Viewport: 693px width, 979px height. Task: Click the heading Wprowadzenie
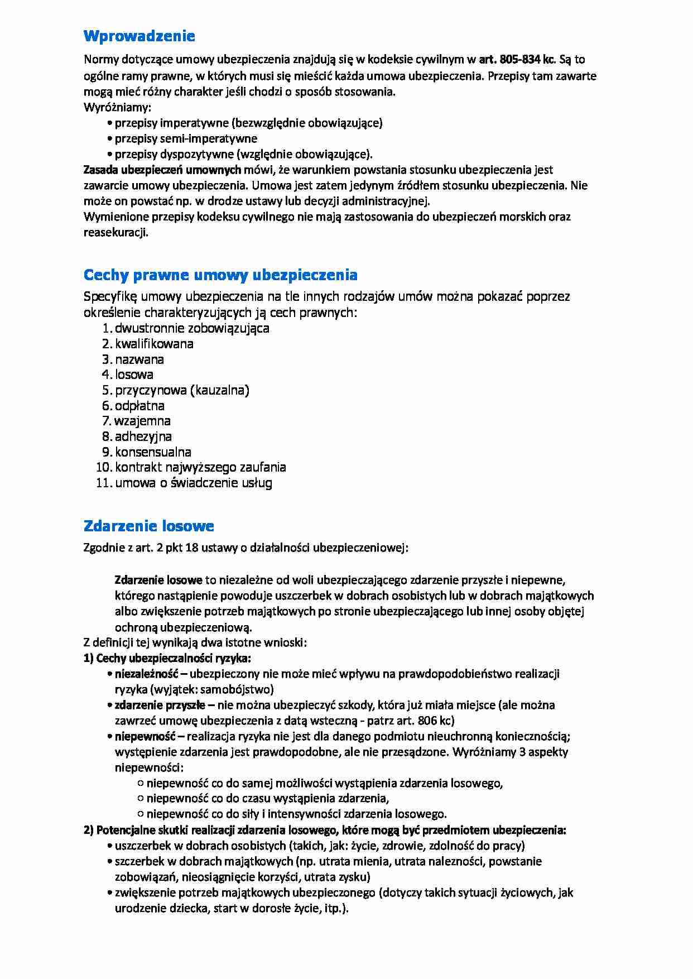139,36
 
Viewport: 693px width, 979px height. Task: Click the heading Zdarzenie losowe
148,526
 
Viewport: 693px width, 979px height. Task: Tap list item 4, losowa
134,375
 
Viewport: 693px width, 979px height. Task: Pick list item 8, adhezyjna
143,436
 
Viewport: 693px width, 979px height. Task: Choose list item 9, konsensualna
153,452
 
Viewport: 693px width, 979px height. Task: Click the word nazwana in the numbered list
139,359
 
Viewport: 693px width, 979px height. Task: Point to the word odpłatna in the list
139,406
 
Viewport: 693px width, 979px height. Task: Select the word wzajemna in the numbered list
142,421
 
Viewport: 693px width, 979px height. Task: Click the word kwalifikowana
154,344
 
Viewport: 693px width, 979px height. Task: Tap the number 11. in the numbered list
104,483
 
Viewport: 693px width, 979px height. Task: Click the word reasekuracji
116,233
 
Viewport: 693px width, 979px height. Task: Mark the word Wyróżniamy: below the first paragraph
117,107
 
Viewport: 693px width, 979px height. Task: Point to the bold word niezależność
146,674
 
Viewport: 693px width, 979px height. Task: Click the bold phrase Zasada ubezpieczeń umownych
162,170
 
